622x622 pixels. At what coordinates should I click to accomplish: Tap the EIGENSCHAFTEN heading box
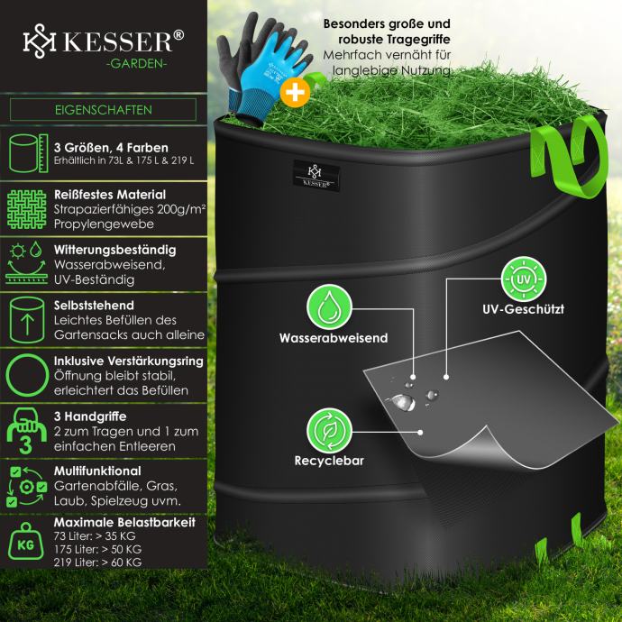point(103,110)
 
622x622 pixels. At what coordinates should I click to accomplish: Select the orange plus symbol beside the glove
point(294,91)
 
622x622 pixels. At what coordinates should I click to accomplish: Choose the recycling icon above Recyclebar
point(329,431)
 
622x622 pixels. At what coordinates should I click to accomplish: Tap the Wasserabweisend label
point(333,339)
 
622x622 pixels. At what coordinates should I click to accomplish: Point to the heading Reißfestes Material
point(109,194)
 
